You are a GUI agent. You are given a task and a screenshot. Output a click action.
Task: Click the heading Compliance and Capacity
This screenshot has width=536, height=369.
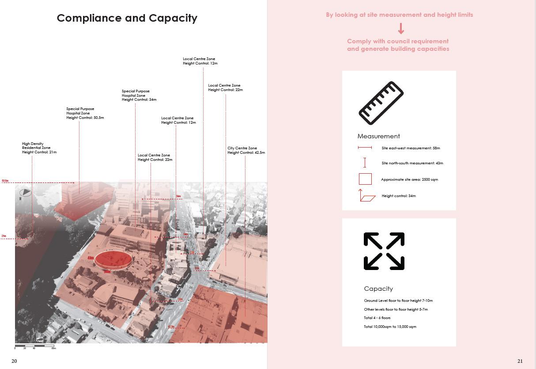tap(127, 18)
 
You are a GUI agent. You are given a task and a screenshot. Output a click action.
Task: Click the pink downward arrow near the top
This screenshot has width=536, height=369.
tap(401, 29)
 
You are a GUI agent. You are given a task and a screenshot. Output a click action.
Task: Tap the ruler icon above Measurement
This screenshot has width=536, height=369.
tap(381, 103)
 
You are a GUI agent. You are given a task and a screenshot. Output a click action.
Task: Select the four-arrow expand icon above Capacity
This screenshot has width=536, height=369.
tap(384, 251)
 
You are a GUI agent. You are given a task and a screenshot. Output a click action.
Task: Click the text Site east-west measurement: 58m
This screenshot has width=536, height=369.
tap(411, 148)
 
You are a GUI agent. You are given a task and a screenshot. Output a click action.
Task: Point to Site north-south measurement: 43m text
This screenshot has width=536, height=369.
tap(412, 163)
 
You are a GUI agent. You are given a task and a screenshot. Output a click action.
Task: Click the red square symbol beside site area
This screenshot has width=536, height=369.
tap(365, 179)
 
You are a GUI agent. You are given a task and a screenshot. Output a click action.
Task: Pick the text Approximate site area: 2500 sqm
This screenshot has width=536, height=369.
tap(409, 179)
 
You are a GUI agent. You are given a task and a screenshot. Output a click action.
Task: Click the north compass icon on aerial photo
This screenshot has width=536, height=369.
tap(25, 193)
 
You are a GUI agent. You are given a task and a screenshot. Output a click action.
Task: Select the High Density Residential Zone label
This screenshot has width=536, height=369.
tap(39, 148)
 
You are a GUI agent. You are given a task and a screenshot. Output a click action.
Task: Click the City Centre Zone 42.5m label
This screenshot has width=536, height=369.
tap(246, 150)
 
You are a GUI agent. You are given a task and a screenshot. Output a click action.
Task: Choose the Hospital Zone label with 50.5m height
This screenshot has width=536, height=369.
tap(85, 113)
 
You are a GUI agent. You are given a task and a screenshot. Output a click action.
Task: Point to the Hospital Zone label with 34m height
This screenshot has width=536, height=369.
tap(139, 95)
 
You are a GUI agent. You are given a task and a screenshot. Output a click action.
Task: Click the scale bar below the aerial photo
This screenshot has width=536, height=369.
tap(35, 346)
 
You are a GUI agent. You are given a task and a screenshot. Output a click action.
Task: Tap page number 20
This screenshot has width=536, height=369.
tap(14, 361)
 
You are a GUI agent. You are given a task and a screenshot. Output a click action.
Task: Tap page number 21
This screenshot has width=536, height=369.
tap(520, 361)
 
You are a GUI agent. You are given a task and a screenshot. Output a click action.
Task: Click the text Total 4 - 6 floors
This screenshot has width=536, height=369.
tap(377, 318)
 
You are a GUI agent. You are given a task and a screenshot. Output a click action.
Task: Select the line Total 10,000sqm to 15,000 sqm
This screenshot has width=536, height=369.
tap(390, 327)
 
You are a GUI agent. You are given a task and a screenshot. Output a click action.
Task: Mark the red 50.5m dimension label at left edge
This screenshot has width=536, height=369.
tap(5, 181)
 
